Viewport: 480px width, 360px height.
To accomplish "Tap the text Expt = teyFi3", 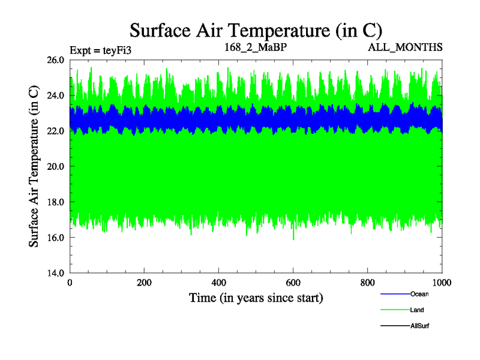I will tap(100, 50).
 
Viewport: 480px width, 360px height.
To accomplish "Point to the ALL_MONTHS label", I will tap(406, 47).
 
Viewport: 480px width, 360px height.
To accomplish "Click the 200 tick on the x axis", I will tap(145, 283).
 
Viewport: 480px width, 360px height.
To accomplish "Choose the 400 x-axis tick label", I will tap(219, 283).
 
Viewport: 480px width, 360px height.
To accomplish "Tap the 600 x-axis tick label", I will tap(293, 283).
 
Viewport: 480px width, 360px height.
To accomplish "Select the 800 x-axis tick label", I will tap(368, 283).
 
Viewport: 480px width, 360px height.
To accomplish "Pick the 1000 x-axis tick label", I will tap(442, 283).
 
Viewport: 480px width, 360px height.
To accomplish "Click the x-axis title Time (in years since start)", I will tap(256, 298).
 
